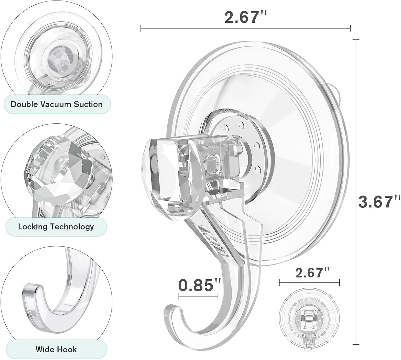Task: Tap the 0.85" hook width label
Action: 200,285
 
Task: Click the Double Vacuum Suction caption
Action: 56,105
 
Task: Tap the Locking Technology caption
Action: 56,227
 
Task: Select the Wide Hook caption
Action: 56,349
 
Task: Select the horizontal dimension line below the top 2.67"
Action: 245,28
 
